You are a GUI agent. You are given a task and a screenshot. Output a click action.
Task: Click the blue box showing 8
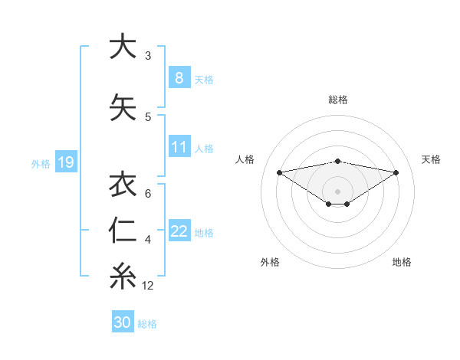coord(179,78)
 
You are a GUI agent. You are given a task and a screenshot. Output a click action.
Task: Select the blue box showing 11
coord(179,147)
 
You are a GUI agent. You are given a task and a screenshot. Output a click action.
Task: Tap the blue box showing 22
coord(179,231)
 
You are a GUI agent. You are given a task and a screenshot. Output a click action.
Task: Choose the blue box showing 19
coord(65,162)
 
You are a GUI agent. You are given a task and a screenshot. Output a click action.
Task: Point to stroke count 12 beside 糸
coord(148,286)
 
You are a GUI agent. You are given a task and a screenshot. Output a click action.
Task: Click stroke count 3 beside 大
coord(148,56)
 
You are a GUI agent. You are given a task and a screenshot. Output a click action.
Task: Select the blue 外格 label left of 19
coord(41,163)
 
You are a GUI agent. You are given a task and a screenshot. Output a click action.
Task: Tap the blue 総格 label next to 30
coord(147,324)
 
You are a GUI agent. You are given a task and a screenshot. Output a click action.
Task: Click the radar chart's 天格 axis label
coord(431,159)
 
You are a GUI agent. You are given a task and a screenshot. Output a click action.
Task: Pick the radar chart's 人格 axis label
coord(245,159)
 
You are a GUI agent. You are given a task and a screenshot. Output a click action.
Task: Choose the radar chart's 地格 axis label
coord(402,262)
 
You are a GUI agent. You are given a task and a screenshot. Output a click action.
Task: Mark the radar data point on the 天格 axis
coord(396,172)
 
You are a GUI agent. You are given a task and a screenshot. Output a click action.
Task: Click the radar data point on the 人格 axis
coord(279,172)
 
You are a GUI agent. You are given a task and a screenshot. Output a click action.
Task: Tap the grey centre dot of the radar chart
coord(337,191)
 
